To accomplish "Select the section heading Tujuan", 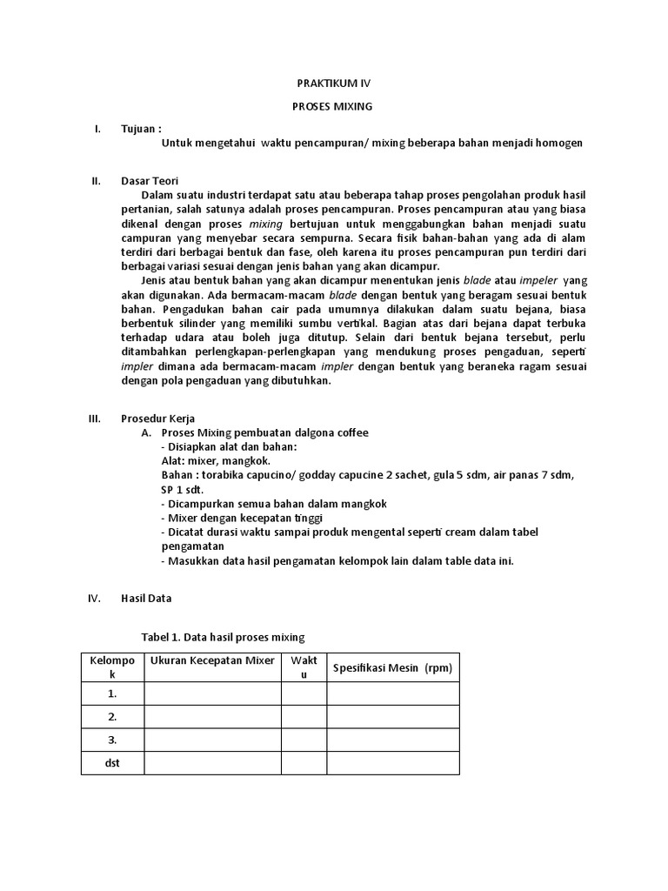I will (x=141, y=129).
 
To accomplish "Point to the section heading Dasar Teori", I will (x=150, y=181).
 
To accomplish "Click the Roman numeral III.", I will (x=96, y=418).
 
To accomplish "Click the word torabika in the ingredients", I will (x=224, y=475).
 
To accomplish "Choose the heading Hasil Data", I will (x=146, y=598).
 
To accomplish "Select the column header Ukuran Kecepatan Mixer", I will (x=212, y=660).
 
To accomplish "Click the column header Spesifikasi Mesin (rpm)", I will (x=392, y=667).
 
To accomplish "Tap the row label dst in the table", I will (x=112, y=763).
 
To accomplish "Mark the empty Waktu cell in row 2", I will (x=304, y=717).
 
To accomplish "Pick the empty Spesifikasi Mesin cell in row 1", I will (x=392, y=693).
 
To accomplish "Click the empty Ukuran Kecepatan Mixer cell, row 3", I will (x=212, y=740).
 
